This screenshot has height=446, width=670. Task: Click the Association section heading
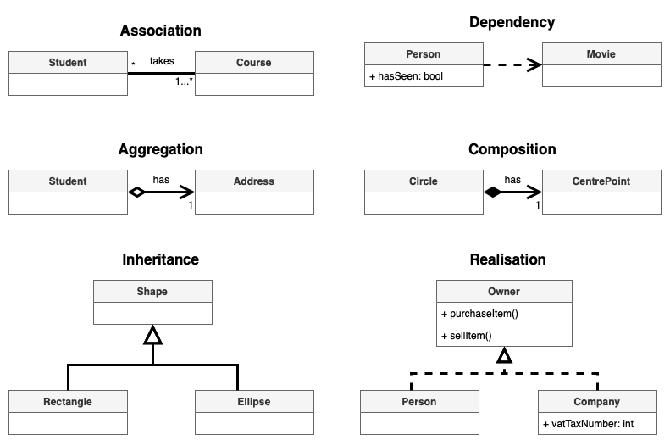click(x=161, y=31)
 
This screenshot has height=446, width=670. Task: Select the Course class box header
click(x=254, y=62)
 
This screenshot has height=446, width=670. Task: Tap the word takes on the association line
click(x=162, y=61)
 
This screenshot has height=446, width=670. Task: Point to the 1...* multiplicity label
click(x=184, y=81)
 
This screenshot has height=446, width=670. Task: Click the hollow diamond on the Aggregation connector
click(x=136, y=192)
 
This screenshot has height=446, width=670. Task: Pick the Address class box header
click(x=254, y=181)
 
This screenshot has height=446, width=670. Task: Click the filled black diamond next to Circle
click(x=493, y=192)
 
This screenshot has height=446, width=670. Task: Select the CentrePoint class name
click(x=601, y=181)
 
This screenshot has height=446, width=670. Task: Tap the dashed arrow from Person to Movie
click(x=512, y=64)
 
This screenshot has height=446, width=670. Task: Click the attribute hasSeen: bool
click(x=406, y=76)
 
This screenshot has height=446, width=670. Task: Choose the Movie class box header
click(x=601, y=54)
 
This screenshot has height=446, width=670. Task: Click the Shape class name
click(x=152, y=291)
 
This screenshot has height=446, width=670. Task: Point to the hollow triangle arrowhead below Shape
click(x=152, y=336)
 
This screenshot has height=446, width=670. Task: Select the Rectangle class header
click(x=68, y=401)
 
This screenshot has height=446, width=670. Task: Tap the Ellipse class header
click(x=254, y=401)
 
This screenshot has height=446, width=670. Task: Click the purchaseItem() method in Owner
click(x=479, y=313)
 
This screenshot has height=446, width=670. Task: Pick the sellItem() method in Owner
click(x=467, y=335)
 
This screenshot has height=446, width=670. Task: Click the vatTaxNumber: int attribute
click(x=589, y=423)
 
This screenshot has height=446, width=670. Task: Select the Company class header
click(x=597, y=401)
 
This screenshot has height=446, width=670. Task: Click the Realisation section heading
click(x=507, y=259)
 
